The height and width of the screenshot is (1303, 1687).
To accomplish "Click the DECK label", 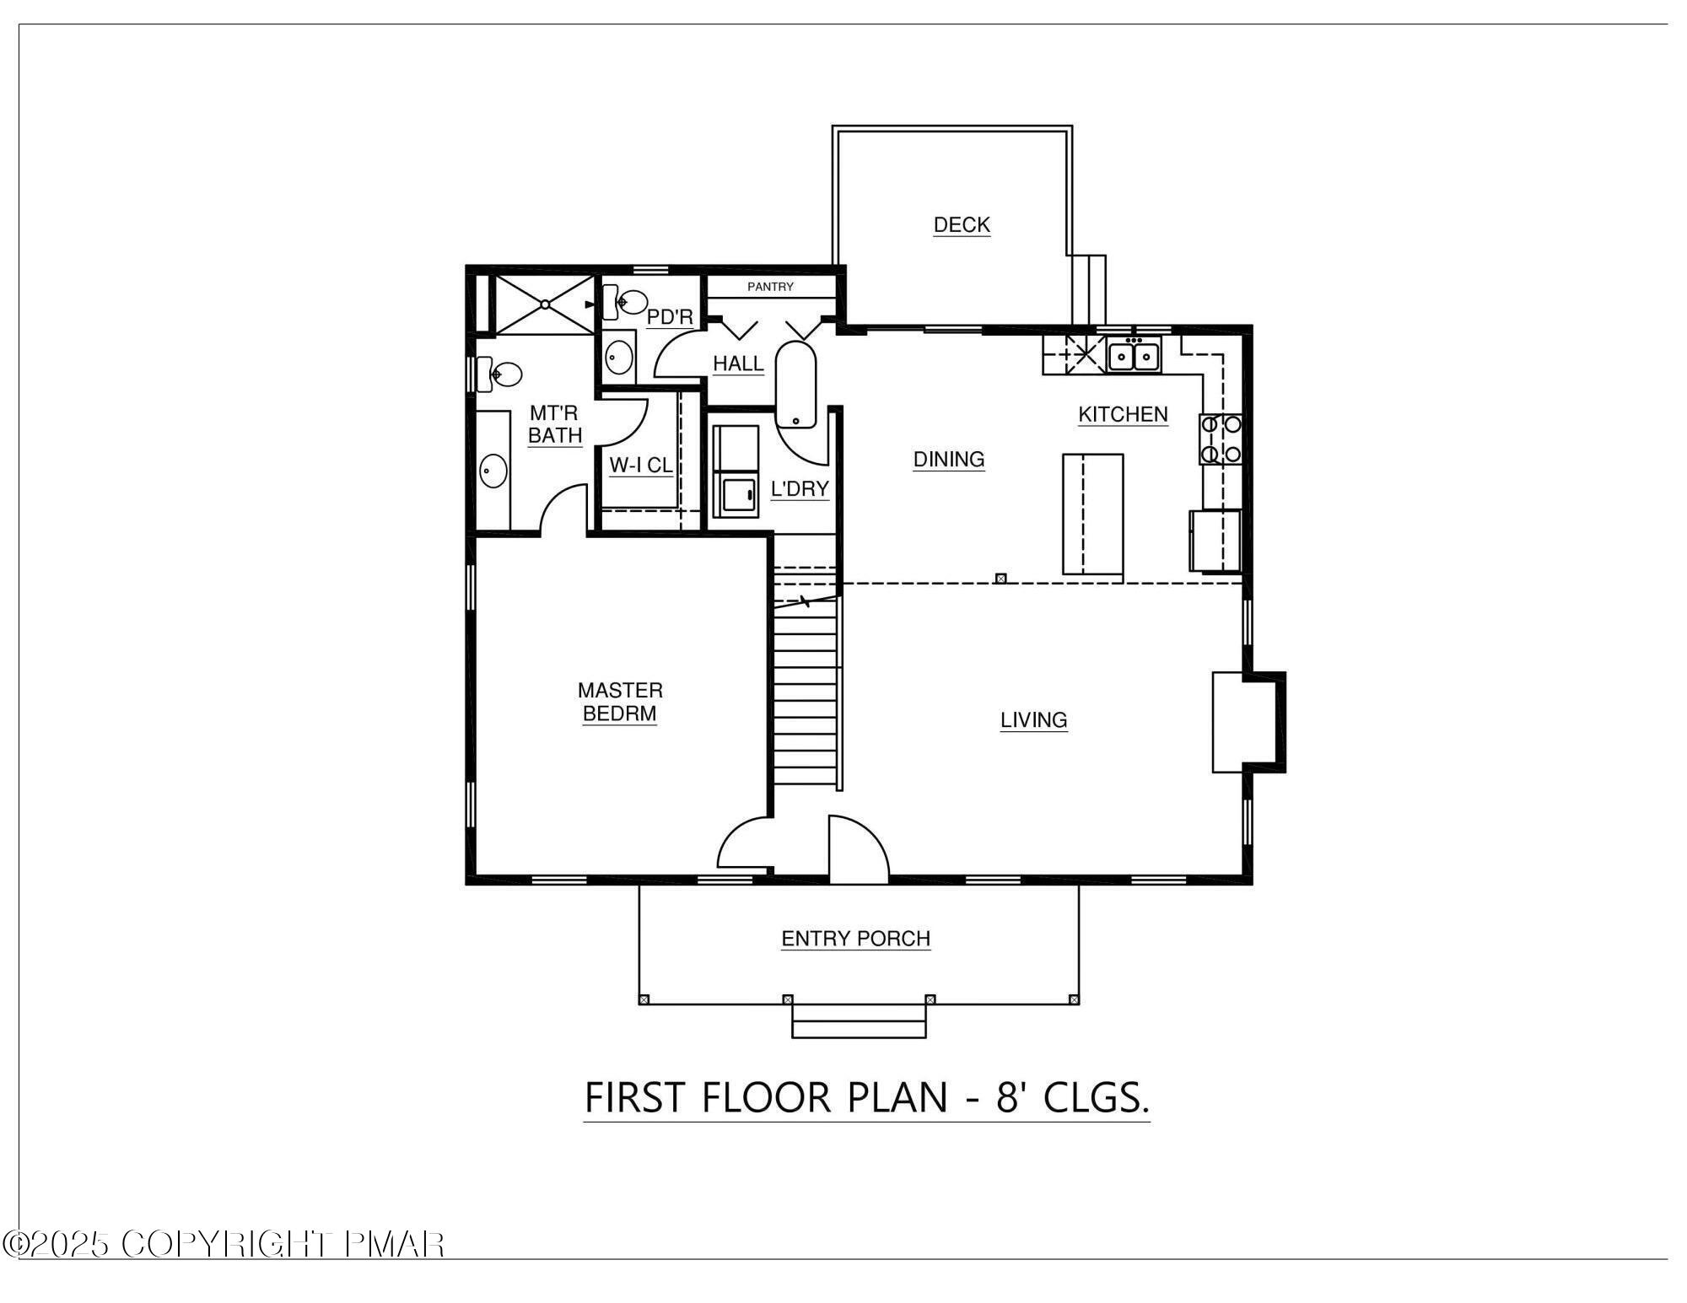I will (962, 225).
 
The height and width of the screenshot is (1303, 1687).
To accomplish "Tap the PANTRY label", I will (770, 287).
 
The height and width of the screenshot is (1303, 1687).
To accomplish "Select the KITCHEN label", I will (1123, 414).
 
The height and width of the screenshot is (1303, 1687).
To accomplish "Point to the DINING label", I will (949, 460).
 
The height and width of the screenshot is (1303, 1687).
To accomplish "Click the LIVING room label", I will (1033, 720).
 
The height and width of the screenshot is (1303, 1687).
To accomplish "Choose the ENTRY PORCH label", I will (855, 939).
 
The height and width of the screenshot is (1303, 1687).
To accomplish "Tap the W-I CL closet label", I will (640, 466).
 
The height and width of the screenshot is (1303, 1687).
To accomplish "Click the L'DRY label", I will (800, 489).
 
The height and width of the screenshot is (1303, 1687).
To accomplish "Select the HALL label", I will (738, 363).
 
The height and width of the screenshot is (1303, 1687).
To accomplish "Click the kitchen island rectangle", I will (1092, 514).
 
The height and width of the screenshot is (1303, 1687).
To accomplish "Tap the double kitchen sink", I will (1134, 356).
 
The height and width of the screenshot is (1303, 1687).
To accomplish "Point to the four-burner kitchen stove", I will (1221, 439).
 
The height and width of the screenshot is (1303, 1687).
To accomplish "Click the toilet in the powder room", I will (625, 301).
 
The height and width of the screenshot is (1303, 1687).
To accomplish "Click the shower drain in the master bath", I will (545, 304).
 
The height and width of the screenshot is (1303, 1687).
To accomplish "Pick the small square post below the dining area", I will (1000, 579).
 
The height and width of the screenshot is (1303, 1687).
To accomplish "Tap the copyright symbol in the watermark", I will (16, 1244).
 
